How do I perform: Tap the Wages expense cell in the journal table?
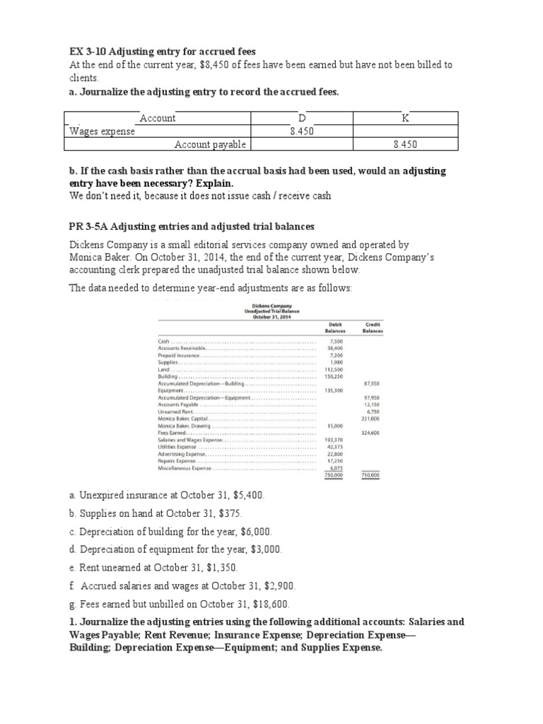click(x=103, y=132)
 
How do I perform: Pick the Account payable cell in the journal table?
click(x=211, y=144)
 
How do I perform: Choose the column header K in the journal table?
click(x=405, y=118)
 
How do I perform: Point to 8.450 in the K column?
click(x=405, y=144)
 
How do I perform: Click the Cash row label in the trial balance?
click(x=163, y=341)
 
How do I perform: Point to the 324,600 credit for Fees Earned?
click(x=370, y=433)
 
